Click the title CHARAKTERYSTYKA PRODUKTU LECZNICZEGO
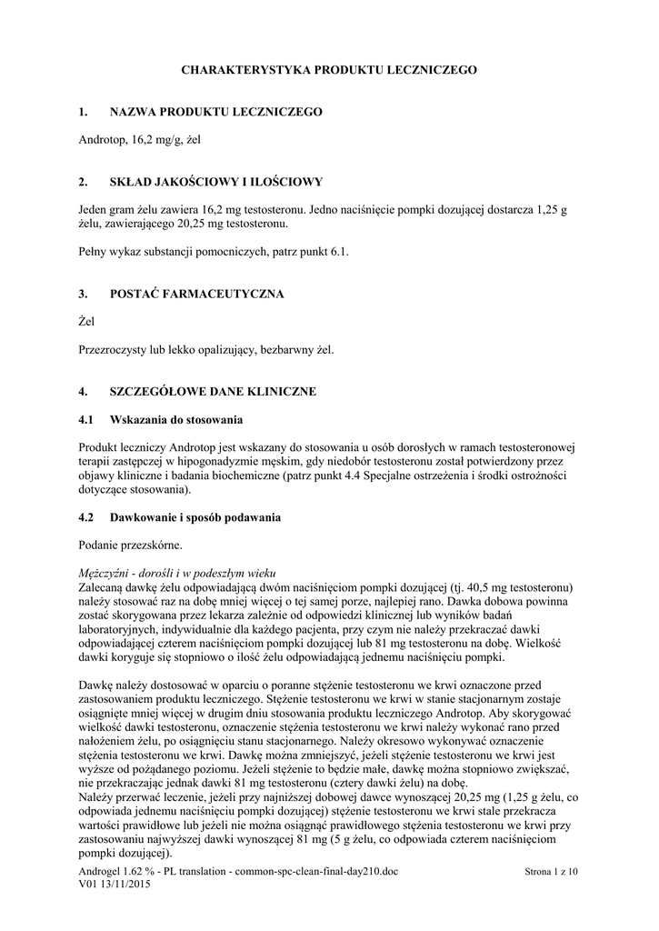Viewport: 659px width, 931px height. point(329,69)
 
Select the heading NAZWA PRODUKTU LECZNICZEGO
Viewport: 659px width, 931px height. point(215,112)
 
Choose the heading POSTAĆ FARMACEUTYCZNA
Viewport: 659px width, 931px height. point(196,294)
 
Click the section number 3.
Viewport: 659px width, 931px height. point(84,294)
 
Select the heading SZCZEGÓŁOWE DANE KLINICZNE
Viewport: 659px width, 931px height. point(213,392)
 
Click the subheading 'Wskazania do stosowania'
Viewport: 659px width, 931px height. point(175,420)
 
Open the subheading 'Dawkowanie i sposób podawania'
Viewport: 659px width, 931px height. point(195,517)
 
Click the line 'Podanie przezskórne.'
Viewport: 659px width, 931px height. point(131,546)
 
